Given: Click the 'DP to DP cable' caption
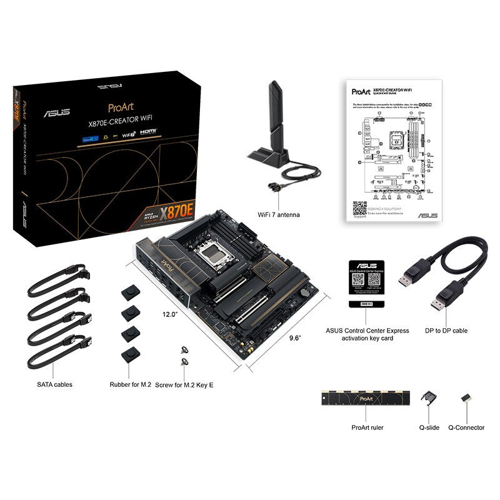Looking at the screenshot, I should pos(446,331).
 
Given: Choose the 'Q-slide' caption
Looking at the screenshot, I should pos(429,427).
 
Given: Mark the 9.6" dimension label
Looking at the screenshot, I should pos(296,337).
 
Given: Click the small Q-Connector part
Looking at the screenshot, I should pos(465,397).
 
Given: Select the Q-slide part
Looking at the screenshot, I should pos(429,397).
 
